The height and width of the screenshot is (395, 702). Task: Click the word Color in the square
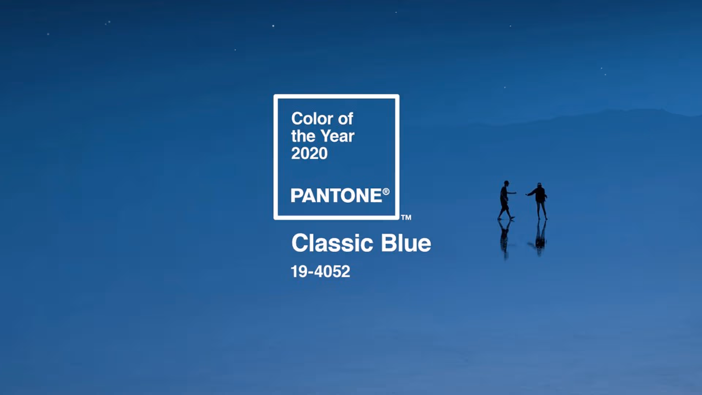pos(312,119)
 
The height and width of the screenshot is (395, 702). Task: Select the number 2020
pos(309,153)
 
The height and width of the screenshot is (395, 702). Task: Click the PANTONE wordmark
pos(336,195)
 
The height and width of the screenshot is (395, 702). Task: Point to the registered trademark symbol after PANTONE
pos(386,192)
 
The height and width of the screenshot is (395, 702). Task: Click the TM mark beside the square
pos(406,217)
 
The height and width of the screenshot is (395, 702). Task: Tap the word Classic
pos(332,243)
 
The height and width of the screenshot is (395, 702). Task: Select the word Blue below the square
pos(406,243)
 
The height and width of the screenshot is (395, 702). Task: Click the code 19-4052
pos(321,271)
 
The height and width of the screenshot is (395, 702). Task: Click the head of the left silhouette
pos(506,183)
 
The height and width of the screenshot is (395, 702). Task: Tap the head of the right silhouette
pos(539,185)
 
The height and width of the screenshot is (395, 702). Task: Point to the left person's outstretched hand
pos(515,192)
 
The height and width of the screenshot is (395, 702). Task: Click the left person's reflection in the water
pos(505,238)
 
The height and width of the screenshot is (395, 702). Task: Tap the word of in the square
pos(346,119)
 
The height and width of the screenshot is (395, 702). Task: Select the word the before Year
pos(303,136)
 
